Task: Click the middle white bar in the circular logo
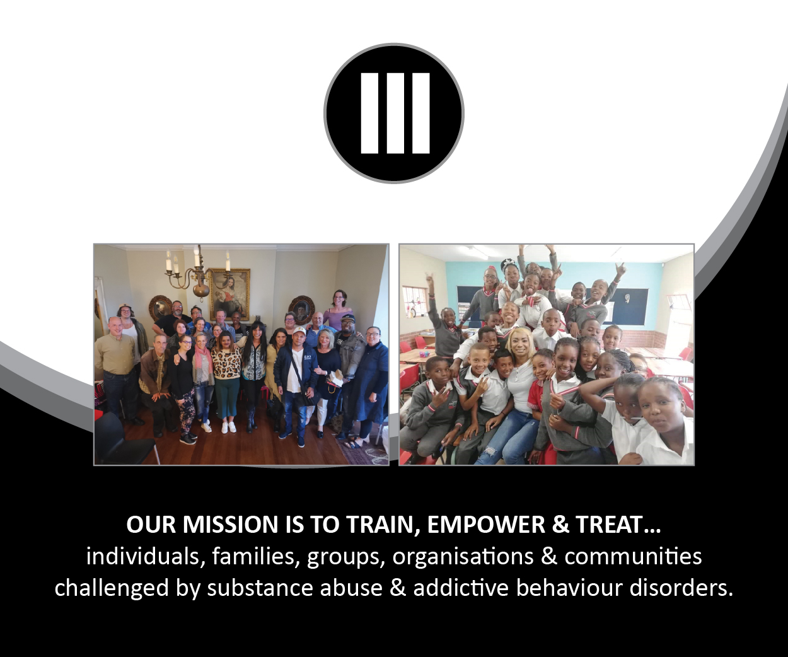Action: pyautogui.click(x=395, y=113)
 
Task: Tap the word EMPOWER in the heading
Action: pyautogui.click(x=486, y=525)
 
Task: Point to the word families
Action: pyautogui.click(x=253, y=557)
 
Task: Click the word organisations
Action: pyautogui.click(x=463, y=557)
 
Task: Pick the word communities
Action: pyautogui.click(x=633, y=557)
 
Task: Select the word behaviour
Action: pyautogui.click(x=569, y=588)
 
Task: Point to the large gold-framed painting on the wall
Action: pyautogui.click(x=229, y=293)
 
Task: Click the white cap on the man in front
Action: pyautogui.click(x=299, y=332)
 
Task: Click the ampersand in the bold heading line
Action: pyautogui.click(x=560, y=525)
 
